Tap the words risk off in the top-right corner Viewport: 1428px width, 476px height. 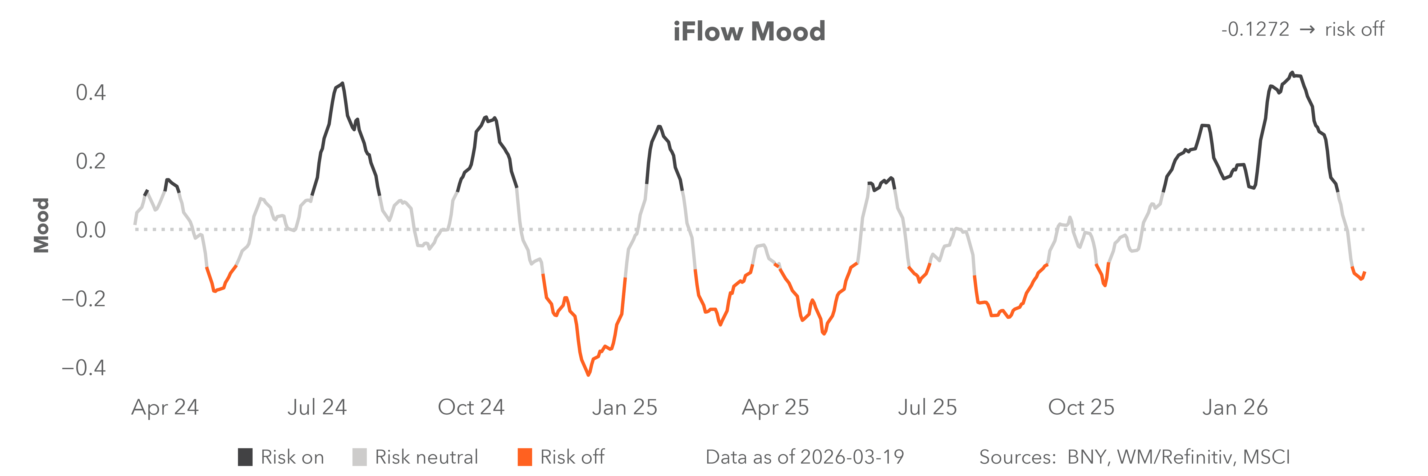coord(1354,29)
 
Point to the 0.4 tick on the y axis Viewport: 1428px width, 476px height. coord(90,93)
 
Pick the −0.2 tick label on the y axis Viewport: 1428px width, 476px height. coord(83,299)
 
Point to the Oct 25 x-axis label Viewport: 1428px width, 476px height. coord(1081,407)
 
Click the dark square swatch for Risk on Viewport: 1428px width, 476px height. coord(245,457)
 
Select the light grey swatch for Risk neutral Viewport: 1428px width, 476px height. coord(359,457)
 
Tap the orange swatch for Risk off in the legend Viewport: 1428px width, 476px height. coord(524,457)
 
